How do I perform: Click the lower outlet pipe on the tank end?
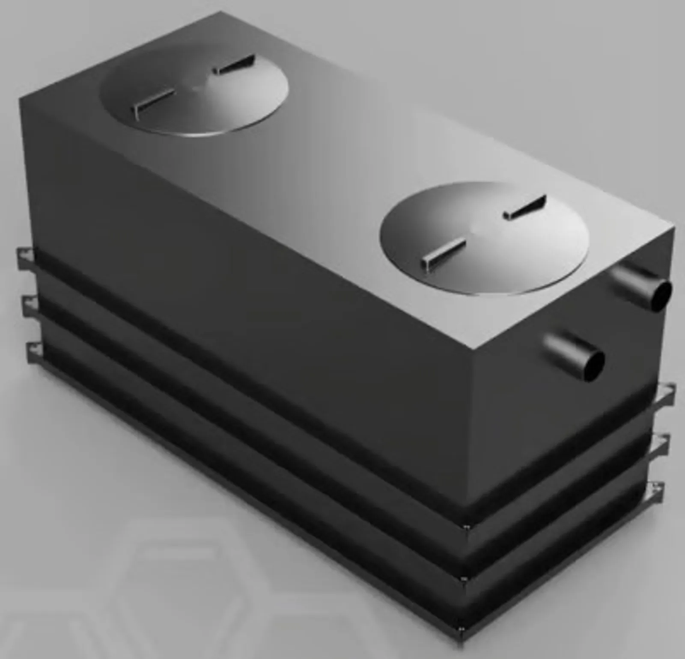click(x=572, y=352)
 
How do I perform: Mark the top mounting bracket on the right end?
click(x=666, y=394)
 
